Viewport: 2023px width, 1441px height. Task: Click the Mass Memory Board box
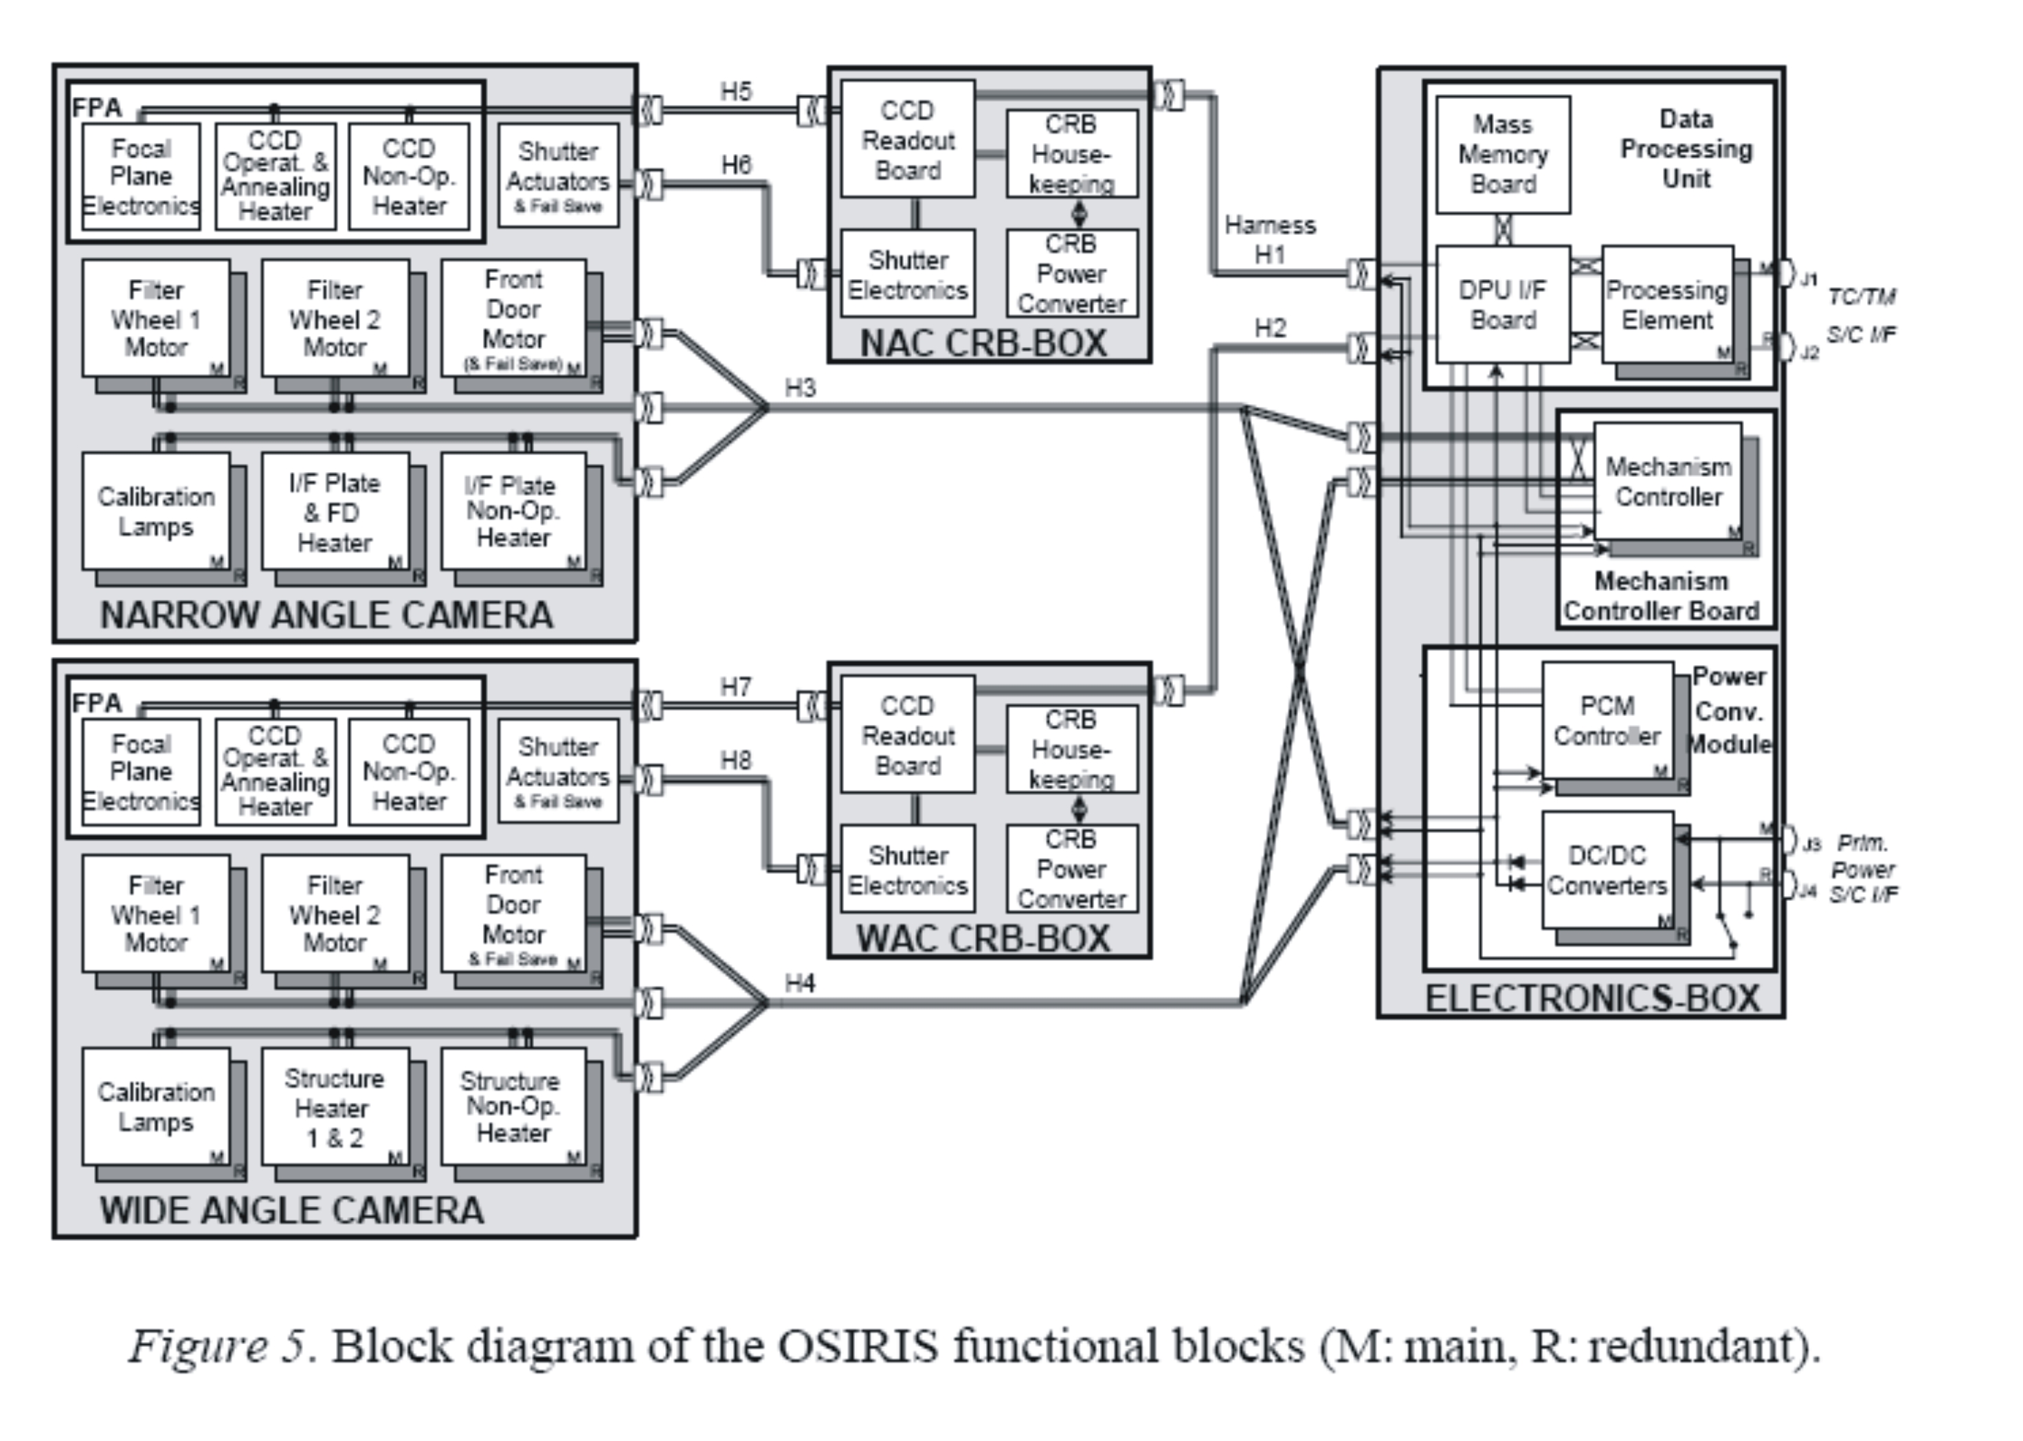[1502, 155]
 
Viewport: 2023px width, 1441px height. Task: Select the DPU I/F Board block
[1502, 304]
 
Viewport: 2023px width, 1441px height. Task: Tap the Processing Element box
[1667, 304]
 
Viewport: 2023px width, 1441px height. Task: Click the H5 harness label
[735, 91]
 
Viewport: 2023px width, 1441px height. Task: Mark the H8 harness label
[735, 761]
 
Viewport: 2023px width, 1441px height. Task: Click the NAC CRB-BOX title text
[983, 344]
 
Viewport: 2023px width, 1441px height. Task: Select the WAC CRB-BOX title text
[983, 939]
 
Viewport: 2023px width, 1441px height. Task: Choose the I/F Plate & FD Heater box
[335, 513]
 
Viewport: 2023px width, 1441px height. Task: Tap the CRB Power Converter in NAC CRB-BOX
[1071, 273]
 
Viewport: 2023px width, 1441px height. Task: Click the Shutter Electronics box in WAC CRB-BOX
[908, 869]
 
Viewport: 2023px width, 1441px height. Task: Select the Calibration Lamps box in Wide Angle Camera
[156, 1106]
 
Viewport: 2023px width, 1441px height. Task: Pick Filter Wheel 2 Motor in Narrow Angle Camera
[335, 319]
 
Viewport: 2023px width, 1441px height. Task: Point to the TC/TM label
[1862, 296]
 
